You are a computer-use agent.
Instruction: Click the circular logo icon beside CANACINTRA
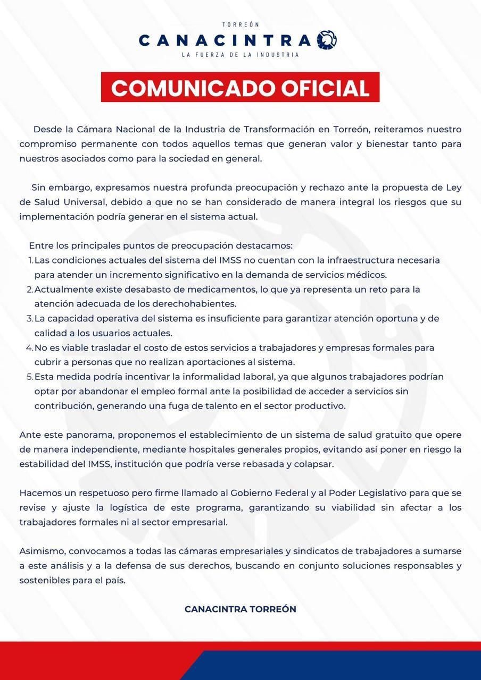[327, 40]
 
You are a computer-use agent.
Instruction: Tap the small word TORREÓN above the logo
[240, 25]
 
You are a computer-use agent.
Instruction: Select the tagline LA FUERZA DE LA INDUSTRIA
[240, 55]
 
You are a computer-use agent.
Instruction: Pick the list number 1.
[30, 261]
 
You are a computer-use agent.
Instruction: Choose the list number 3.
[30, 319]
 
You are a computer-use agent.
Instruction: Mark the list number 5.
[30, 377]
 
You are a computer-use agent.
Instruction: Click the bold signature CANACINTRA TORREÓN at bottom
[240, 609]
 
